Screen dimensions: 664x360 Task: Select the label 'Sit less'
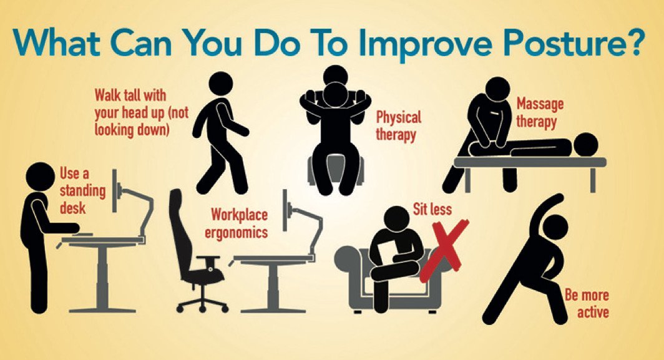pos(432,209)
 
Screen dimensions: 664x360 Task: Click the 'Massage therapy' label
pos(539,113)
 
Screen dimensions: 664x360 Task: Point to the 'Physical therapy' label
pos(399,126)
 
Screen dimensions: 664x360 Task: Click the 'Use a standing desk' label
pos(82,190)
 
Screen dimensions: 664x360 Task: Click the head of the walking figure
pos(221,84)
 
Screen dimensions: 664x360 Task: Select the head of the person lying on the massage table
pos(585,145)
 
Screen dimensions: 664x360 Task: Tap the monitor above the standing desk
pos(115,190)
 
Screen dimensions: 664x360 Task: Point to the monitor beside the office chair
pos(285,210)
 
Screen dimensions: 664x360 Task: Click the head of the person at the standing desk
pos(40,177)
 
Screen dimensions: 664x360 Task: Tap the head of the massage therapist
pos(497,90)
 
